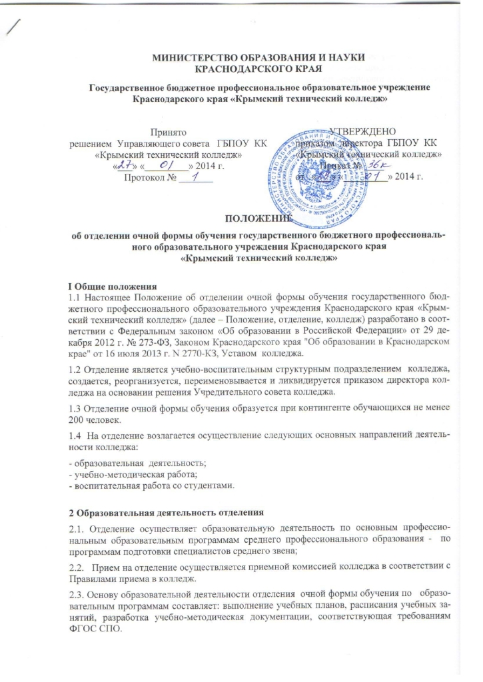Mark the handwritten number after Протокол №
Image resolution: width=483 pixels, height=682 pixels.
pyautogui.click(x=196, y=176)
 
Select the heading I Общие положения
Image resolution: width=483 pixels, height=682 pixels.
pyautogui.click(x=99, y=286)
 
